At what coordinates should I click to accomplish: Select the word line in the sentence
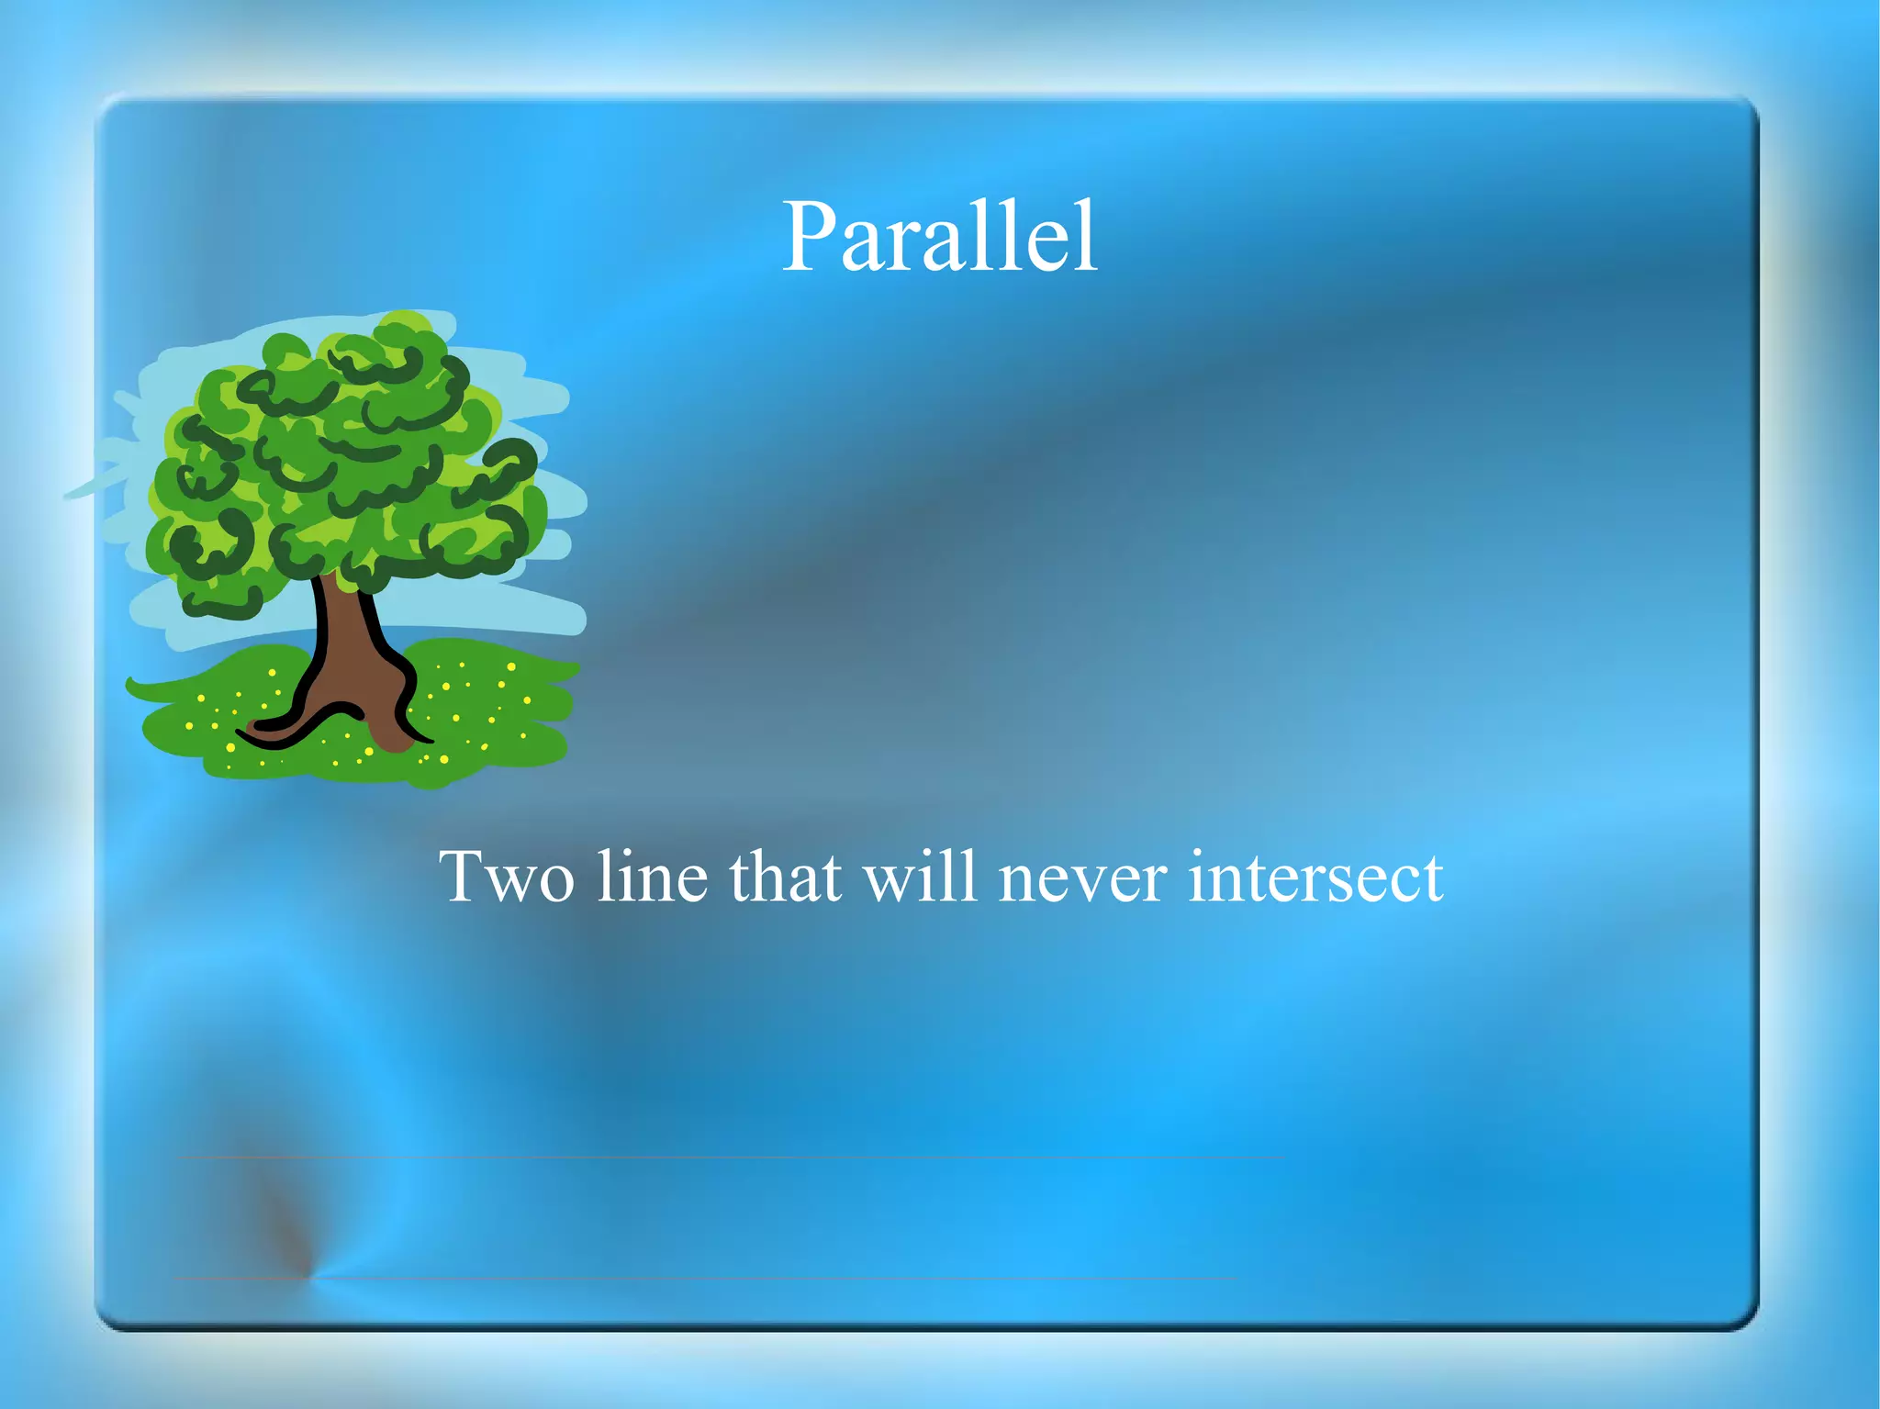[x=652, y=877]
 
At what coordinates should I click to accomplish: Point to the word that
[x=785, y=877]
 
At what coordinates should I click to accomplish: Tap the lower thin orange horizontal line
[x=734, y=1278]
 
